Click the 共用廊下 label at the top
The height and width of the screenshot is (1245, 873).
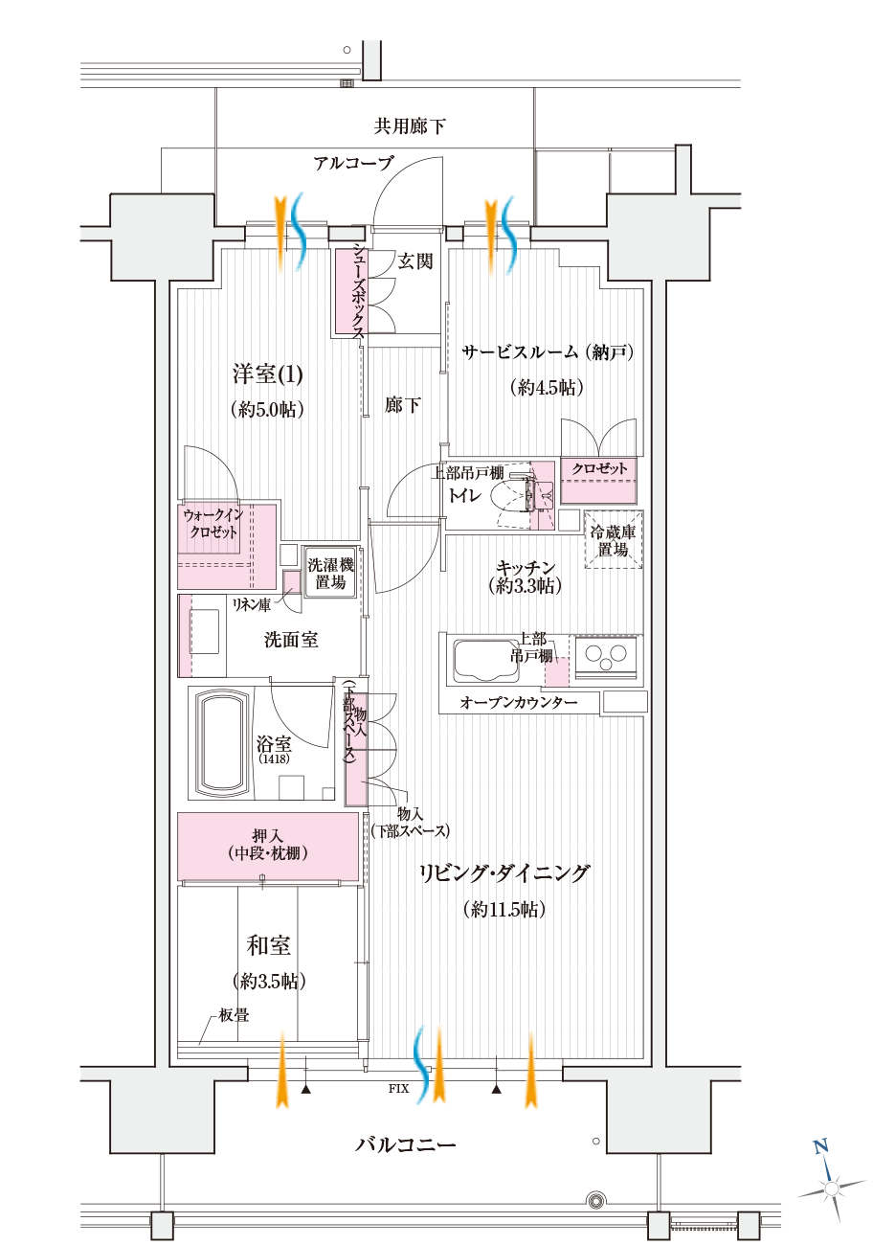tap(409, 125)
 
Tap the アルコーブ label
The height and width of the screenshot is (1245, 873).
tap(352, 163)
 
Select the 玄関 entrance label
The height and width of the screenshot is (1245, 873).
tap(414, 261)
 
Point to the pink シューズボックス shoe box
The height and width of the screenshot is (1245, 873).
tap(349, 292)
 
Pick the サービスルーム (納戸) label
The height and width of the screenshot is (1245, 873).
tap(547, 352)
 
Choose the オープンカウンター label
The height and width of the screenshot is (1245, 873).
tap(518, 703)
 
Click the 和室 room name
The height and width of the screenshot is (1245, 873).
tap(268, 946)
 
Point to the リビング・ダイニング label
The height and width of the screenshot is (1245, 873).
tap(504, 873)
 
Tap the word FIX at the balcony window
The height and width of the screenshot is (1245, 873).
tap(398, 1089)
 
